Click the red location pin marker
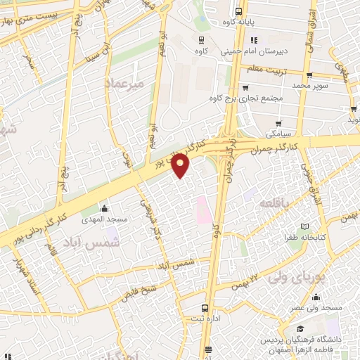point(181,165)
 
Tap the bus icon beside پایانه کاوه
point(238,11)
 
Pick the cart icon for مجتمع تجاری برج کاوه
point(245,88)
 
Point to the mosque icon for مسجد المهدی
point(105,208)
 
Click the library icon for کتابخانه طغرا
point(304,227)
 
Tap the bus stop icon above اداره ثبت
point(205,307)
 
